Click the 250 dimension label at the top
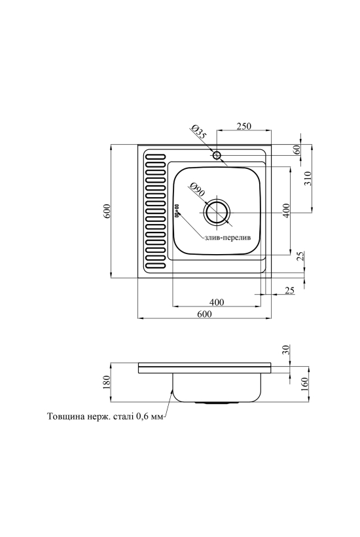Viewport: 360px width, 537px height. click(244, 126)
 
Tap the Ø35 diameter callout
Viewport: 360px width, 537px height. click(199, 132)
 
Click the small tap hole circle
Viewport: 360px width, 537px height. click(216, 155)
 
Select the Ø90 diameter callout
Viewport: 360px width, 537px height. click(197, 190)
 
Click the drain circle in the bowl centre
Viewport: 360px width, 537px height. click(216, 213)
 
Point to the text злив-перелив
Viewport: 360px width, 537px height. click(226, 237)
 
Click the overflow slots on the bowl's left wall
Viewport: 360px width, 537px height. click(177, 210)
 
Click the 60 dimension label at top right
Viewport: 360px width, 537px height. click(297, 149)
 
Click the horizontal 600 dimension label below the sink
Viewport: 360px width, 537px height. click(205, 314)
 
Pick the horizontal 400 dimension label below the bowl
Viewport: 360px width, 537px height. click(217, 302)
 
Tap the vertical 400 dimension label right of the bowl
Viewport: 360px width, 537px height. click(286, 210)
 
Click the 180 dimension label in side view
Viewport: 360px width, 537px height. click(107, 382)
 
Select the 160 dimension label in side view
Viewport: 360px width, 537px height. click(305, 384)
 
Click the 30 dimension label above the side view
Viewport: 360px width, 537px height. click(286, 349)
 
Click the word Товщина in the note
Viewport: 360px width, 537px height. click(63, 417)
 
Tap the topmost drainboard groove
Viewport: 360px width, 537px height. click(154, 157)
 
